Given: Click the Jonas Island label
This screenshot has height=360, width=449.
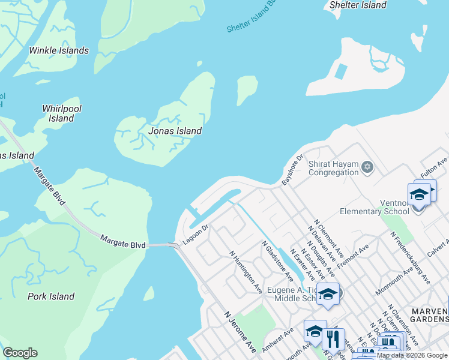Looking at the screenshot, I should pos(175,131).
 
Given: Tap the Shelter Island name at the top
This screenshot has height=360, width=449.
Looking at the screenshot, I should pos(358,5).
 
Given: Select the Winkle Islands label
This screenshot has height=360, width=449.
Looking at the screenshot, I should pos(59,50).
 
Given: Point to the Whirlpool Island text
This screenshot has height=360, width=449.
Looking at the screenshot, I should pos(62,113).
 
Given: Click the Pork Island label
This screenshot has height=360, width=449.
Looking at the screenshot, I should pos(51,296).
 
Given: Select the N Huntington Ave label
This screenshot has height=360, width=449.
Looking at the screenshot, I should pos(246,271).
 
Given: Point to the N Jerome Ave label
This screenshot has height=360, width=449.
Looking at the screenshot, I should pos(240,332).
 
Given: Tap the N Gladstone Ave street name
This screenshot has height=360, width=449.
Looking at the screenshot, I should pos(277,261).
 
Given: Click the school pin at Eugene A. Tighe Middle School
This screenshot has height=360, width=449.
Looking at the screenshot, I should pos(328,294).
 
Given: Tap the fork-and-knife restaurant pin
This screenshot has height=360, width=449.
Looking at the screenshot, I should pos(333,339).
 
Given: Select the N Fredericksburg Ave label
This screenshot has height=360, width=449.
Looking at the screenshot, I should pos(410,257).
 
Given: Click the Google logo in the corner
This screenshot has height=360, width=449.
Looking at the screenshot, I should pos(20,353).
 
